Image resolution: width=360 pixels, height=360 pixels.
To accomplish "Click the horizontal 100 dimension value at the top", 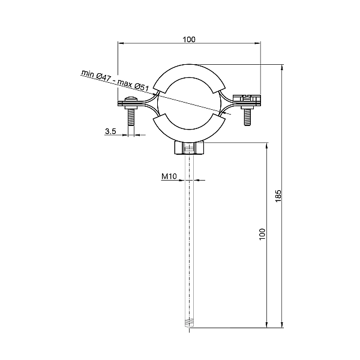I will [189, 39].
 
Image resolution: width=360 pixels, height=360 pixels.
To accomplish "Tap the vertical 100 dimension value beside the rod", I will [262, 234].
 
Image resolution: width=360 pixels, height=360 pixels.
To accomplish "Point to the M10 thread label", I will [168, 176].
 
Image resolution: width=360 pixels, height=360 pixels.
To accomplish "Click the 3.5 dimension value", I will [110, 131].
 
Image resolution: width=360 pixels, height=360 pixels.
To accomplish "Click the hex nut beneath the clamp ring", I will [190, 148].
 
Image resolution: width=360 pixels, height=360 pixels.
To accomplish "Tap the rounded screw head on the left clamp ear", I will [130, 101].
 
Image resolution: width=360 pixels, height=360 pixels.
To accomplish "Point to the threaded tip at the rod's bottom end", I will [190, 323].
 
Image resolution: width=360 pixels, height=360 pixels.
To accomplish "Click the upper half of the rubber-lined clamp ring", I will [190, 71].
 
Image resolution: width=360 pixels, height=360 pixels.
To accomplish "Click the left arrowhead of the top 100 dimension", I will [121, 44].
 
